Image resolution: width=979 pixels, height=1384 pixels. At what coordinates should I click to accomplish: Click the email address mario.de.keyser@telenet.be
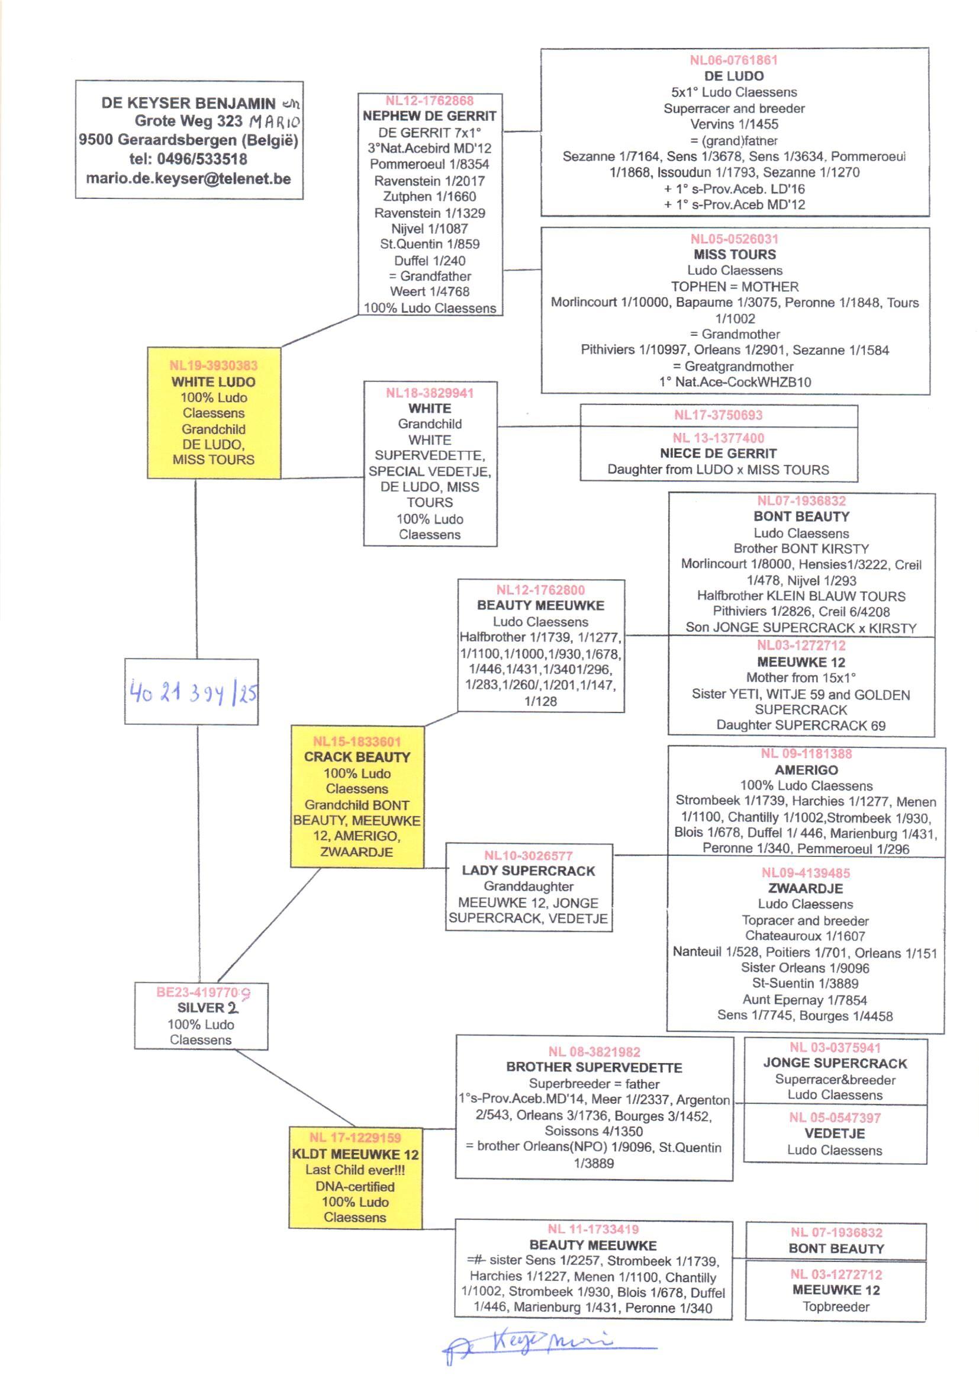coord(188,178)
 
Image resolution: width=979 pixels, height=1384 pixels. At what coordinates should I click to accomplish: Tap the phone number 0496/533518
coord(202,159)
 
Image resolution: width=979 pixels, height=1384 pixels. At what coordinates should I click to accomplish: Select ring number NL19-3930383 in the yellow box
coord(214,365)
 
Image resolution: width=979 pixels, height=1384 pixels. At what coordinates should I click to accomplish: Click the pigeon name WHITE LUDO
coord(214,382)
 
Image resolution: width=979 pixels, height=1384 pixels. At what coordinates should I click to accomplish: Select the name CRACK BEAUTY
coord(357,757)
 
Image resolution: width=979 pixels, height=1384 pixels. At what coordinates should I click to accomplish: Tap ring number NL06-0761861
coord(733,60)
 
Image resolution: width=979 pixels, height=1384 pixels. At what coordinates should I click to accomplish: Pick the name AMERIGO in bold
coord(806,769)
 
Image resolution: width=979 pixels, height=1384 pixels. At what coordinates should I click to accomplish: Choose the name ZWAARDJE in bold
coord(806,888)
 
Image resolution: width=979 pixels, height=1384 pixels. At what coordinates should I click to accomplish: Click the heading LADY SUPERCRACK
coord(528,871)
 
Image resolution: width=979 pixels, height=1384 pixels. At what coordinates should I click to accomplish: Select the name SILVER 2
coord(207,1008)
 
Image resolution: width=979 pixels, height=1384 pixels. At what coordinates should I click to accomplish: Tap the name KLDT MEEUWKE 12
coord(355,1154)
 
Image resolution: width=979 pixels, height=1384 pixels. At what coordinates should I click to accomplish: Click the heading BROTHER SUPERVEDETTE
coord(594,1067)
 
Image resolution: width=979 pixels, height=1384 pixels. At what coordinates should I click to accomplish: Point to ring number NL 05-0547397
coord(835,1118)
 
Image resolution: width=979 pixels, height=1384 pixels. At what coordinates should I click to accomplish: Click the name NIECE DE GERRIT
coord(718,454)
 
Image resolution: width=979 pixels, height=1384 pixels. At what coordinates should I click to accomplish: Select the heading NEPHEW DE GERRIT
coord(429,116)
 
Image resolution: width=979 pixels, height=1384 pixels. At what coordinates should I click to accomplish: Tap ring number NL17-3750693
coord(718,415)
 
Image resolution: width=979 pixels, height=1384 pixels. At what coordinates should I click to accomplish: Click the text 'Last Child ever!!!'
coord(355,1170)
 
